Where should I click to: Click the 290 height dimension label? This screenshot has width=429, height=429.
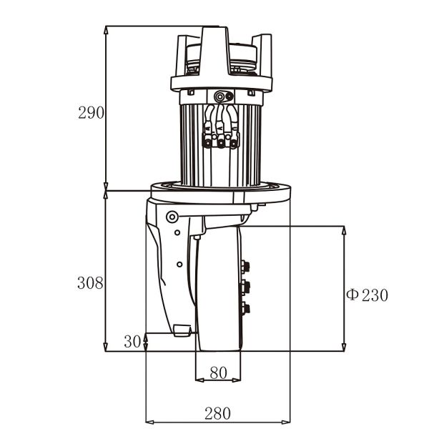tap(91, 112)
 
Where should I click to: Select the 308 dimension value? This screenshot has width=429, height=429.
tap(91, 282)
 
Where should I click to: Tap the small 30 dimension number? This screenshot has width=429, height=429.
tap(132, 342)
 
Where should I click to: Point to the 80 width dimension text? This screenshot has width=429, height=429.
tap(218, 373)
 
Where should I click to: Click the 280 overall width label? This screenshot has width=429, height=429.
tap(217, 413)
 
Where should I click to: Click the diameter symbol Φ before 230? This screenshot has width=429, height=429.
tap(352, 295)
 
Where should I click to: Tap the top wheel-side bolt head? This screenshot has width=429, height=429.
tap(247, 267)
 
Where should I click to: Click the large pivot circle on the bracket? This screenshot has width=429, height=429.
tap(171, 217)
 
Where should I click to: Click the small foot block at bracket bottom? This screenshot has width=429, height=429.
tap(182, 330)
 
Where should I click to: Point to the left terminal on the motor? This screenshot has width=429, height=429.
tap(208, 144)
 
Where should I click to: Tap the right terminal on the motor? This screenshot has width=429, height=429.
tap(233, 144)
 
